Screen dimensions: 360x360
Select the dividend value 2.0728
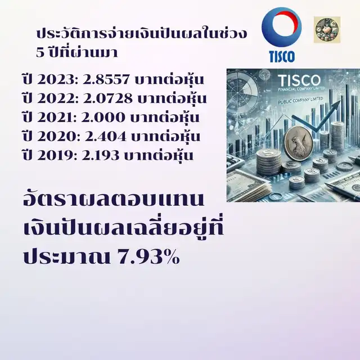[x=108, y=98]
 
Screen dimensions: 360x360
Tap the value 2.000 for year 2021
[x=103, y=118]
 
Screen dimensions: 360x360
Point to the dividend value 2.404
[x=106, y=136]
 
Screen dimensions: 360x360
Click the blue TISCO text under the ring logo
[x=282, y=56]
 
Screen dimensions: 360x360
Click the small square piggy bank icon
[x=327, y=29]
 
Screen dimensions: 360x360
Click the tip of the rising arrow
[x=340, y=101]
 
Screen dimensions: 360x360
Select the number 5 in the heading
[x=40, y=52]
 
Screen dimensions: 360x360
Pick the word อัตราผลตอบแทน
[x=114, y=199]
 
